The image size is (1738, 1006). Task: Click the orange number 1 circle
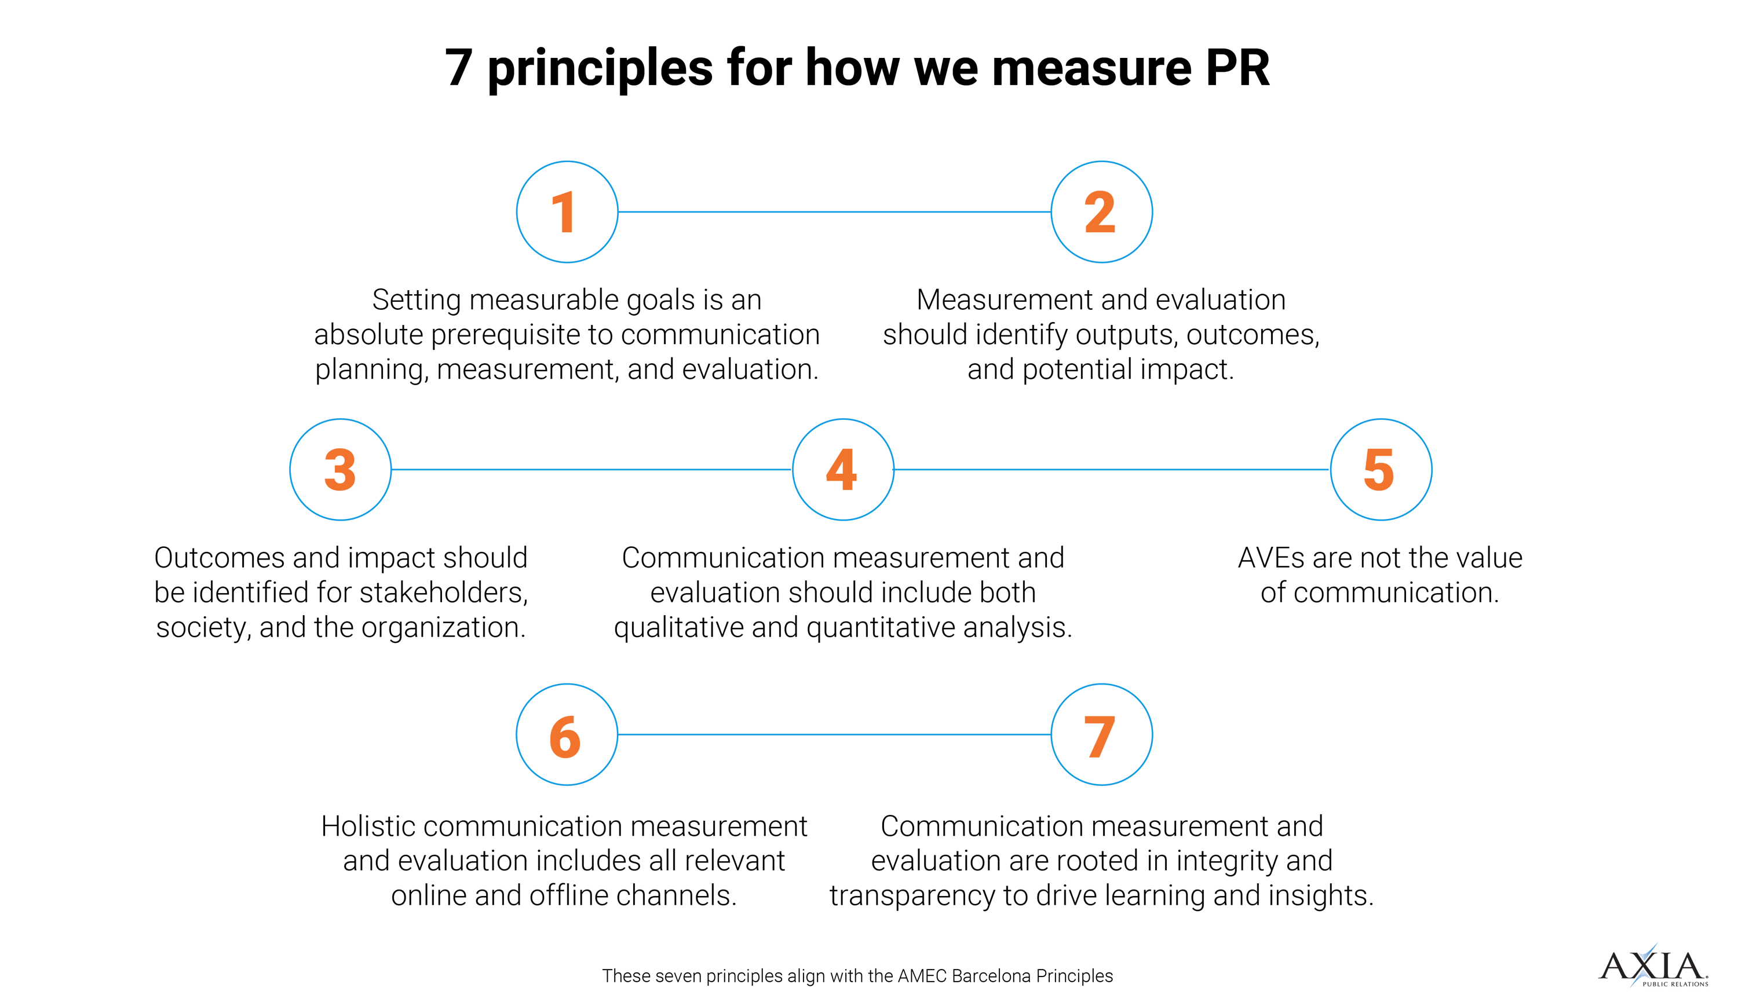tap(567, 211)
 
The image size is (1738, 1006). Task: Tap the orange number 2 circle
tap(1101, 211)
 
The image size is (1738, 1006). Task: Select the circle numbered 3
tap(340, 470)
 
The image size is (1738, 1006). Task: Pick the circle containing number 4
tap(842, 470)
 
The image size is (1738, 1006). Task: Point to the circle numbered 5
tap(1380, 470)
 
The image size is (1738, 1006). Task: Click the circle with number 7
tap(1101, 735)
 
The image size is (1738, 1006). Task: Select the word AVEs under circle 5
tap(1270, 558)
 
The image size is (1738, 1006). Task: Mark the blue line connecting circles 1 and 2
tap(834, 211)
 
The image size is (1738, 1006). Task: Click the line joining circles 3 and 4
tap(591, 470)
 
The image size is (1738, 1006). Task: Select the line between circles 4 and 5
tap(1111, 470)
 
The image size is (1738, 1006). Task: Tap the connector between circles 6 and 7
tap(834, 735)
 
